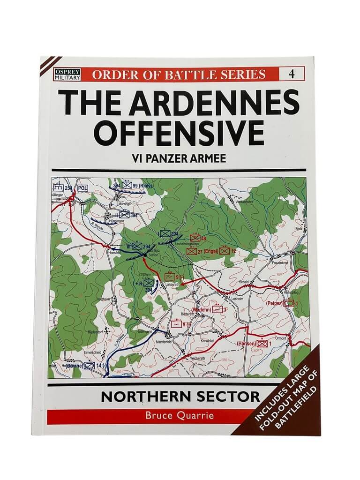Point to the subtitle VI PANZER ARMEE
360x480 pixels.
coord(180,158)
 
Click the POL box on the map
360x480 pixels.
coord(83,188)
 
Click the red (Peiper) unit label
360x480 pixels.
coord(276,303)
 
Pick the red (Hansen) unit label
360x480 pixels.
coord(247,344)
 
